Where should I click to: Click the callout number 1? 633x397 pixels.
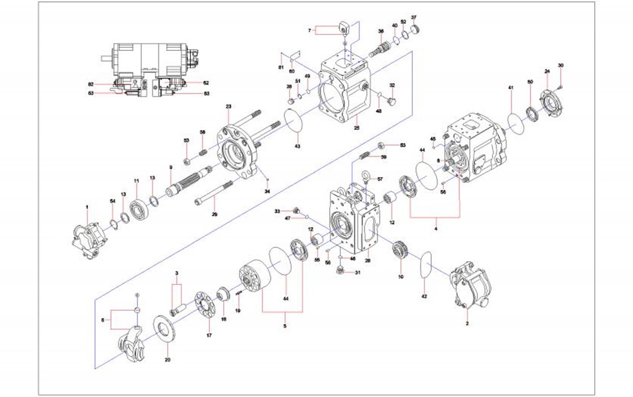coord(87,207)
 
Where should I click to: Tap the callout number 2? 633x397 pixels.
coord(467,324)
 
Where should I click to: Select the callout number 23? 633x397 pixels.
coord(229,107)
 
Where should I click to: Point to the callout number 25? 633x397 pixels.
coord(357,128)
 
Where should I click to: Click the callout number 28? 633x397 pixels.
coord(367,261)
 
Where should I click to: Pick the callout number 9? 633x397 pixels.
coord(171,167)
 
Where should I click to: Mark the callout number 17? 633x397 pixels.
coord(209,335)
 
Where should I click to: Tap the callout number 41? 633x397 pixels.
coord(511,88)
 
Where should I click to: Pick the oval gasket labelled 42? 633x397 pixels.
coord(427,265)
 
